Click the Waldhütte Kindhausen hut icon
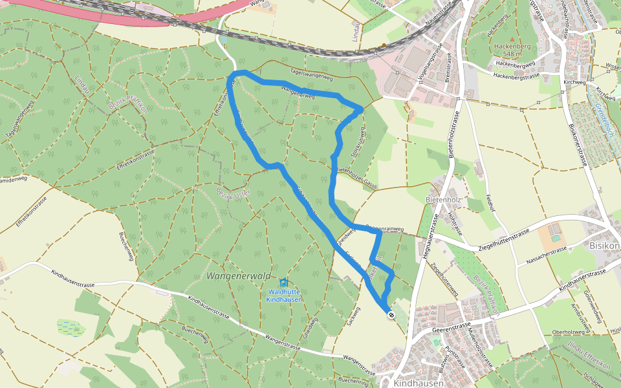(x=283, y=282)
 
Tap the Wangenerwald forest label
(x=238, y=276)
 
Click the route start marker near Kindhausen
(x=391, y=315)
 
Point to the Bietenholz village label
(x=443, y=200)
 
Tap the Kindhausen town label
(x=419, y=382)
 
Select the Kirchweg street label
(x=574, y=83)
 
